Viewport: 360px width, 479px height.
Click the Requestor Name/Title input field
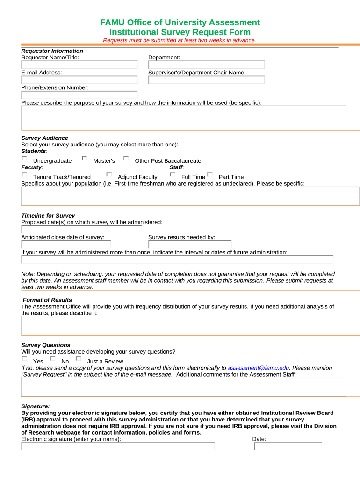click(79, 65)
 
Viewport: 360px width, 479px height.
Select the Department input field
click(206, 65)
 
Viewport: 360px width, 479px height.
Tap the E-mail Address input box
click(79, 80)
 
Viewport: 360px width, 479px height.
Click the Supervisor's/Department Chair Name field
click(206, 80)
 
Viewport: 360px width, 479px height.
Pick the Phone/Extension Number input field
click(79, 94)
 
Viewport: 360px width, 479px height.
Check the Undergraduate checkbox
click(24, 159)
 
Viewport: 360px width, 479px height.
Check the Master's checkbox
click(85, 159)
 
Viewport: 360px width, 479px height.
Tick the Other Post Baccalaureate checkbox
click(126, 159)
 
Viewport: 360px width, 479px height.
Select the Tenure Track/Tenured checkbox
click(24, 174)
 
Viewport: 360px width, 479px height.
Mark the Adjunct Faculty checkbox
click(109, 174)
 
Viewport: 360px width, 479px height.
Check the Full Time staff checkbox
click(173, 174)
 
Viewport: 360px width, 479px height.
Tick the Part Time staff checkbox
click(210, 174)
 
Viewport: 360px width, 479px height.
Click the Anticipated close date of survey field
click(66, 244)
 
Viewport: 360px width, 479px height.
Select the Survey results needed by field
click(190, 244)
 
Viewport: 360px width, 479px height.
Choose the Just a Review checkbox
click(79, 359)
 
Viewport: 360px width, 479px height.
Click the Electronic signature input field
click(118, 446)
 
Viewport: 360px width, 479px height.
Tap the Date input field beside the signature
click(288, 446)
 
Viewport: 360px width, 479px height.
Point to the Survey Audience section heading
click(45, 138)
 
